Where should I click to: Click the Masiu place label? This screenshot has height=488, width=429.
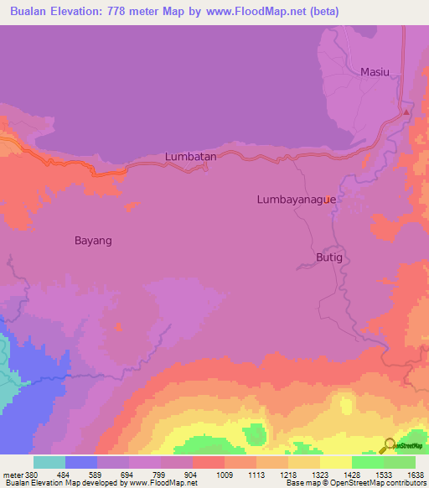(375, 72)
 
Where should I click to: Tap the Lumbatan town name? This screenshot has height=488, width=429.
(191, 156)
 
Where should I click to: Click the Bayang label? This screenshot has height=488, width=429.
(93, 240)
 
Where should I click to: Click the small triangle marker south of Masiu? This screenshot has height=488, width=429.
(406, 111)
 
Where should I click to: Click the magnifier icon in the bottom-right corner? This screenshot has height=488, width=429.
(390, 446)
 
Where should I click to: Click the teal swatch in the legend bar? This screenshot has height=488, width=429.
(49, 462)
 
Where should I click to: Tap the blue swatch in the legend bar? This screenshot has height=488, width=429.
(81, 462)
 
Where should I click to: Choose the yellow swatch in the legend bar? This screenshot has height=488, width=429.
(336, 462)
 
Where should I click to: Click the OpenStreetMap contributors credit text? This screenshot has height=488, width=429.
(382, 483)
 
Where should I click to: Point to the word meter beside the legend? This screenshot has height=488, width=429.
(9, 474)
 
